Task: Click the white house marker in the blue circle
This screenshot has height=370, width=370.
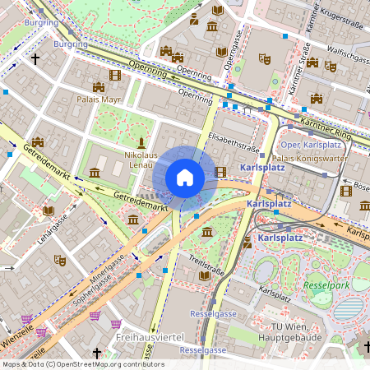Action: click(185, 177)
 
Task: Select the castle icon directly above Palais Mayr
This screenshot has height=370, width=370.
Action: click(99, 86)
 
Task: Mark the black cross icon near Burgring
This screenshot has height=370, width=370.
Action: click(35, 59)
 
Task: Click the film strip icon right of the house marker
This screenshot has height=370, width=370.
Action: click(220, 172)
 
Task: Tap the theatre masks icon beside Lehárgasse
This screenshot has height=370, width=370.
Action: click(58, 259)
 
